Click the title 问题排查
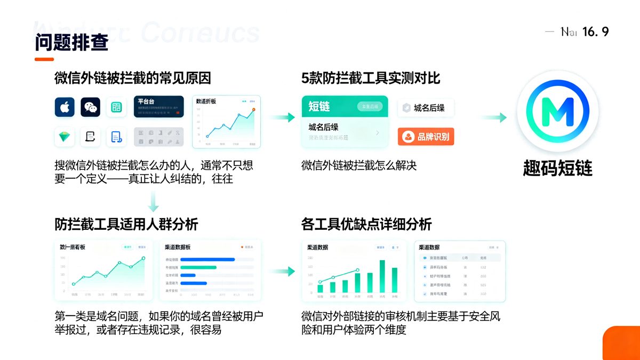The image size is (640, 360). (71, 43)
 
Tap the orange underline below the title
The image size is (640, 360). (44, 59)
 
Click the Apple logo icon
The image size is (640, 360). (65, 107)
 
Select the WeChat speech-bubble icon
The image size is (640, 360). (91, 107)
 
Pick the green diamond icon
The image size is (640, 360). (65, 137)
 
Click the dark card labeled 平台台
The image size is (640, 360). (158, 106)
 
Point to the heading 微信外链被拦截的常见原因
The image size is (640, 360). (133, 78)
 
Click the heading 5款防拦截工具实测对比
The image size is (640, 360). (371, 78)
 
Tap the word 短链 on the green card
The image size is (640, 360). (319, 107)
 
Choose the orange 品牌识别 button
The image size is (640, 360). (426, 137)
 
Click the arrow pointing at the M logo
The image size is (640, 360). (494, 118)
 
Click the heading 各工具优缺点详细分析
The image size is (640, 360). (366, 225)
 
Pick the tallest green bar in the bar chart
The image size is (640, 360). (382, 276)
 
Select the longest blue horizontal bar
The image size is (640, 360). (207, 260)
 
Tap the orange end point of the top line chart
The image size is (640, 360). (253, 109)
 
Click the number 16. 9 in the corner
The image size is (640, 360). (595, 32)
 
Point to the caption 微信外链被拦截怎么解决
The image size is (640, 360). (358, 166)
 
